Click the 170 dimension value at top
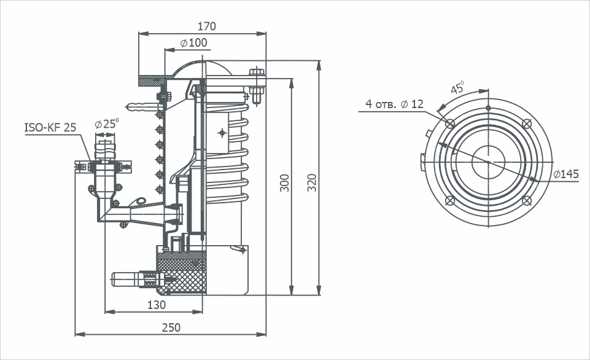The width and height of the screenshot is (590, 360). (x=206, y=26)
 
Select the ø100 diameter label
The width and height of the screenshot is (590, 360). (x=194, y=43)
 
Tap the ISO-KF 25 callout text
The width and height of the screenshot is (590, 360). (x=50, y=128)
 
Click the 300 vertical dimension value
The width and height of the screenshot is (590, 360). (x=285, y=183)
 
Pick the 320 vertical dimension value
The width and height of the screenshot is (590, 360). (x=312, y=183)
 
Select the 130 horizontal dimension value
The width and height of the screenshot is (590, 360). (x=156, y=305)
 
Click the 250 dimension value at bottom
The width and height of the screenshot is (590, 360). (x=171, y=327)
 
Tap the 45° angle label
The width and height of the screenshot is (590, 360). (x=457, y=87)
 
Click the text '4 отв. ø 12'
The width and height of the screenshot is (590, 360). (x=394, y=104)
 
